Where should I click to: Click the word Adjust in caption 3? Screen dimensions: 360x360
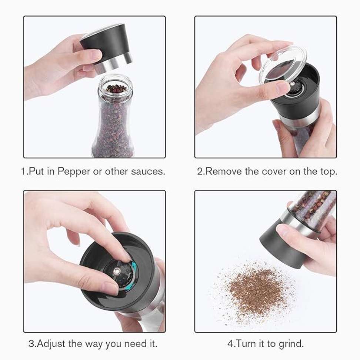51,344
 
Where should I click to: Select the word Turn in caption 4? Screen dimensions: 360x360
246,343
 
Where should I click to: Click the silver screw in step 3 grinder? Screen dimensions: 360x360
117,271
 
